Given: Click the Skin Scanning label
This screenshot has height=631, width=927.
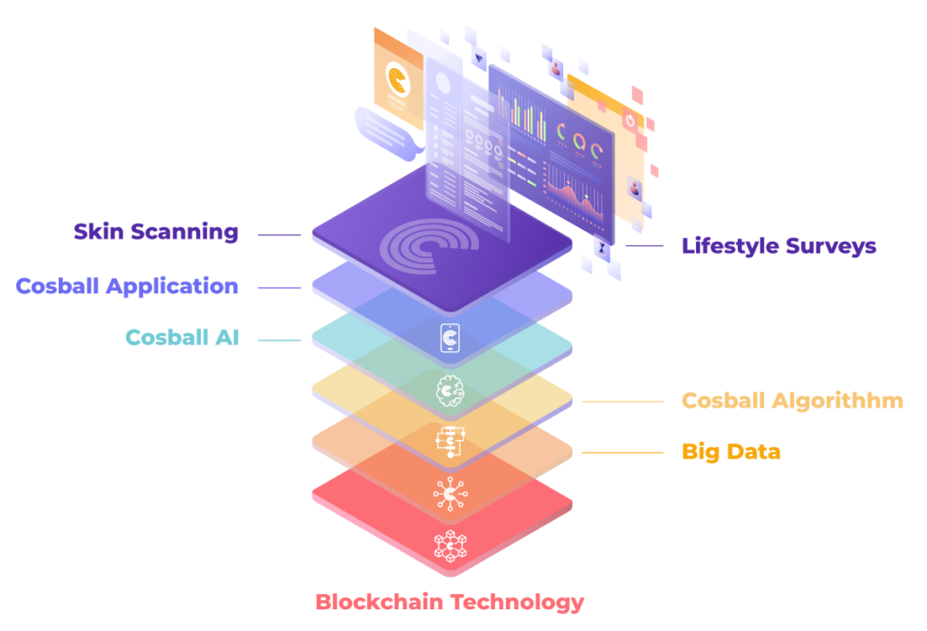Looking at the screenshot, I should [156, 232].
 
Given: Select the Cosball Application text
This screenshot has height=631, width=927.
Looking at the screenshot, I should [127, 287].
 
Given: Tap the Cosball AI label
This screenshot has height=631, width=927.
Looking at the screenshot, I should [182, 338].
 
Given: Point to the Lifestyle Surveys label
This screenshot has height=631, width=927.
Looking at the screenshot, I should [779, 245].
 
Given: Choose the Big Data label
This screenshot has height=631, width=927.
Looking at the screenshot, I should [731, 451].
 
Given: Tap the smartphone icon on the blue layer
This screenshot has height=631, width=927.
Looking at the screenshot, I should [449, 339].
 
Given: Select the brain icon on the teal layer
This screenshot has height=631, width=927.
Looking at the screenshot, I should [449, 390].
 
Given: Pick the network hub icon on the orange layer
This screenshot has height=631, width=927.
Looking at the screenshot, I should [449, 493].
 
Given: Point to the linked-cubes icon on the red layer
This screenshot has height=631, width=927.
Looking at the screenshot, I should [449, 544].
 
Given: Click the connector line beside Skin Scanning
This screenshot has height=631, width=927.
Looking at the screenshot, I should [279, 234].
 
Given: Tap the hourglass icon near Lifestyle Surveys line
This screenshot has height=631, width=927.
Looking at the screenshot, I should [603, 245].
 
